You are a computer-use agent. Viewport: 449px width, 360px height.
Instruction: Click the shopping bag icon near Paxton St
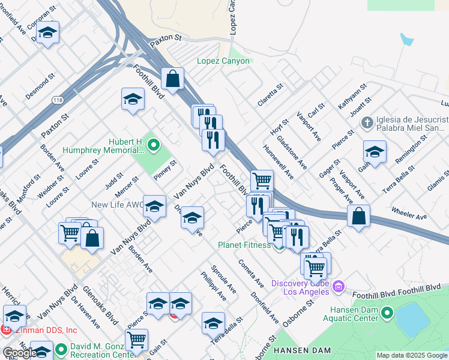(172, 79)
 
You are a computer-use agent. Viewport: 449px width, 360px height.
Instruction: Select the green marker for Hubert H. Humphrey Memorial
(153, 144)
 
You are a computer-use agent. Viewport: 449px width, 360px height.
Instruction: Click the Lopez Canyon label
(223, 61)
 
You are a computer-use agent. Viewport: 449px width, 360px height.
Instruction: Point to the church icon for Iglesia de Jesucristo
(367, 123)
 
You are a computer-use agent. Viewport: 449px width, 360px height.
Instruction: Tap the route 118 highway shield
(58, 100)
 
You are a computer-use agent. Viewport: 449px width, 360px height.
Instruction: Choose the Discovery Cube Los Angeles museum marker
(338, 286)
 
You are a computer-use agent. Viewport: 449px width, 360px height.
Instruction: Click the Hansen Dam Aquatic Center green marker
(387, 312)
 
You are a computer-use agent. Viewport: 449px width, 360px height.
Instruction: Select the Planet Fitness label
(243, 245)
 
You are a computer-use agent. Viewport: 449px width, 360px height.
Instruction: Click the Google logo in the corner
(20, 353)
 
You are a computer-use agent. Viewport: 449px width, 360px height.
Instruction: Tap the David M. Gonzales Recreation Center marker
(61, 349)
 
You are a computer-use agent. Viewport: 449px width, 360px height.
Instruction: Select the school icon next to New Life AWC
(155, 207)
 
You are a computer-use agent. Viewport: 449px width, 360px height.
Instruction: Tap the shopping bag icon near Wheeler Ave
(358, 217)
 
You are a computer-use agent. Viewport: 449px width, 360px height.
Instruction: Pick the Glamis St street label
(438, 181)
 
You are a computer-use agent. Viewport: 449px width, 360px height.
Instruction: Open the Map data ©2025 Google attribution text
(412, 355)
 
